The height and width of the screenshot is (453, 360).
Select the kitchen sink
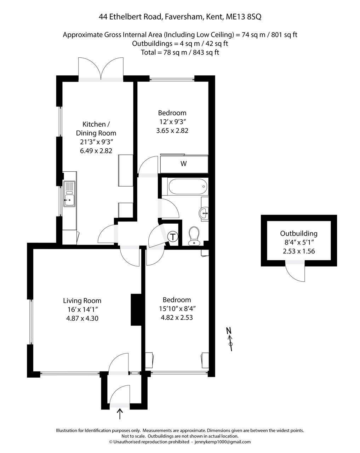pos(69,194)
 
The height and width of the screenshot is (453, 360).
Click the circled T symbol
pos(172,237)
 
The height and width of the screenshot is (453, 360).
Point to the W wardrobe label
pos(183,164)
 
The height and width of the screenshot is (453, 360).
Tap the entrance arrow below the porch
pos(120,413)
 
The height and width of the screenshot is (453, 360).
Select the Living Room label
pos(82,301)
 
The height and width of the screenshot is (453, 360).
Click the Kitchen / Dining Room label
pos(96,128)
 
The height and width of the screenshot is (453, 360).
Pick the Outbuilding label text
pos(299,234)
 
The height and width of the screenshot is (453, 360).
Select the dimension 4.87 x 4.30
pos(82,318)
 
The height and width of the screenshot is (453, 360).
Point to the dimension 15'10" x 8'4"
pos(177,309)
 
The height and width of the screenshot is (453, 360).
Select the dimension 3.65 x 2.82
pos(172,131)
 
